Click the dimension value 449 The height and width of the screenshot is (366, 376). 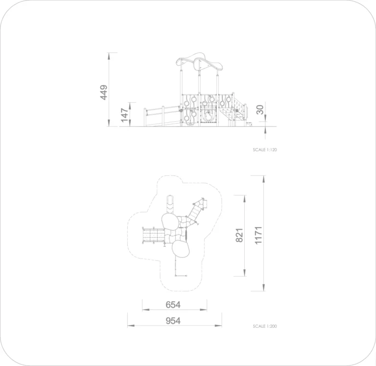[x=104, y=92]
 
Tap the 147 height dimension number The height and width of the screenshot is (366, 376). [x=124, y=115]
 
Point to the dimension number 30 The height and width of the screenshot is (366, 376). [x=260, y=109]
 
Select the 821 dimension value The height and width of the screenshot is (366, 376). [x=239, y=236]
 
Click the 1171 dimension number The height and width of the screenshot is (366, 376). [x=258, y=236]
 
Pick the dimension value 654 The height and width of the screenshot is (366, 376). [x=173, y=305]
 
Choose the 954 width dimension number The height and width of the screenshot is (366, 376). [x=173, y=321]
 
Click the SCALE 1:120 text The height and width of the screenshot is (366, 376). [x=265, y=150]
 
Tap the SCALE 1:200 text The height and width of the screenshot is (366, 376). [x=265, y=326]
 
